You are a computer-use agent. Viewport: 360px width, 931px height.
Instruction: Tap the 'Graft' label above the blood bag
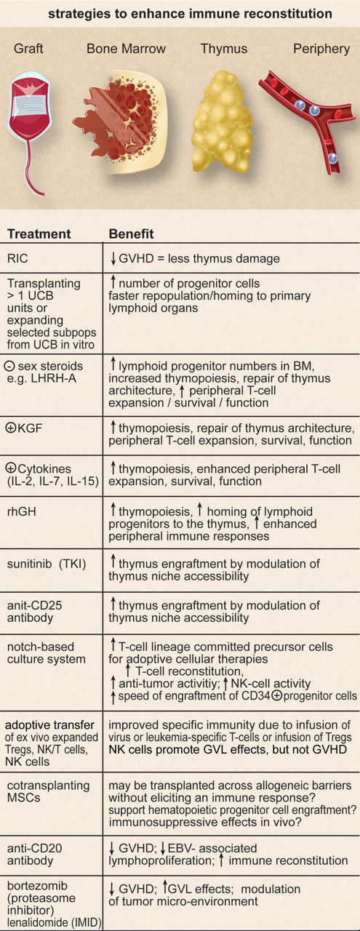pyautogui.click(x=29, y=49)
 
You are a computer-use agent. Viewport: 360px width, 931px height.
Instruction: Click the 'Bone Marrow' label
pyautogui.click(x=126, y=49)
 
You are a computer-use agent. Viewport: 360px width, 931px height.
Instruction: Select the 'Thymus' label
pyautogui.click(x=224, y=49)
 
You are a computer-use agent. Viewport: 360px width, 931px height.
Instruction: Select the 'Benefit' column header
pyautogui.click(x=131, y=234)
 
